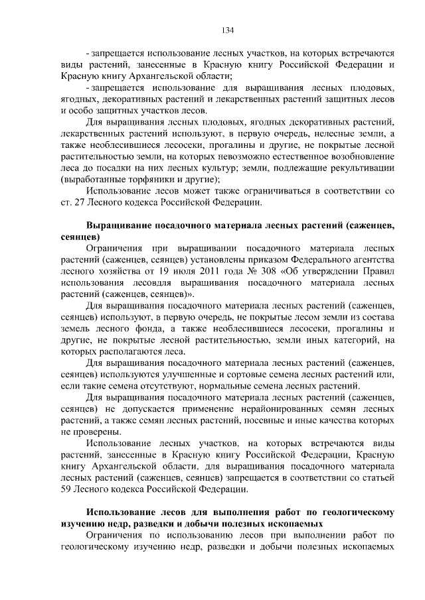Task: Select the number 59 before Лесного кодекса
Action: [x=66, y=490]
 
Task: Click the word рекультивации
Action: [x=361, y=168]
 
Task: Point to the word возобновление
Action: [x=361, y=156]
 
